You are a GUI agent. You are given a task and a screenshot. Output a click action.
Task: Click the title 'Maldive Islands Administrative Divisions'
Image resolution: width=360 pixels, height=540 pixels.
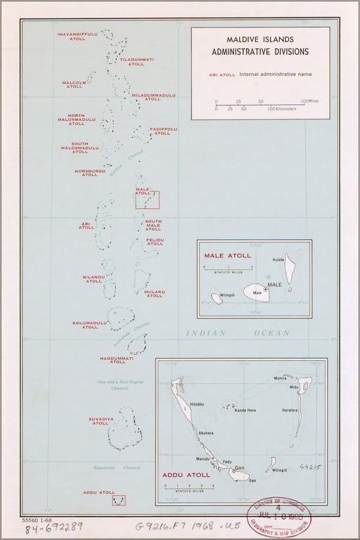(x=259, y=46)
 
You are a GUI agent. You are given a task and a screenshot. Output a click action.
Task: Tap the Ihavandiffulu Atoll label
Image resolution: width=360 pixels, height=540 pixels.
(x=77, y=36)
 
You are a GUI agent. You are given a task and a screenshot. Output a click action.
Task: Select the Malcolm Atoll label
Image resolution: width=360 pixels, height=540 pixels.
(x=74, y=84)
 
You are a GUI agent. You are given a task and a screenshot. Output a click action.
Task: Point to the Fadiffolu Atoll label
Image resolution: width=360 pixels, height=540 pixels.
(x=162, y=131)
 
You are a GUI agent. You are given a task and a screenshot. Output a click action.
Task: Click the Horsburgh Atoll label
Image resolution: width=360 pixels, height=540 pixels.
(x=90, y=172)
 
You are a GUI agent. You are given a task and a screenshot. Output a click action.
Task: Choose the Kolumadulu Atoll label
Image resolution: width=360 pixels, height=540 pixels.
(x=90, y=325)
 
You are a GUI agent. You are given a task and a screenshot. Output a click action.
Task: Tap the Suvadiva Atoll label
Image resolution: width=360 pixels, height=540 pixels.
(x=101, y=421)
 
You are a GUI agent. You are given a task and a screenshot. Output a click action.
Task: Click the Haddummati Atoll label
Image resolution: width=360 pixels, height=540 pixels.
(x=117, y=360)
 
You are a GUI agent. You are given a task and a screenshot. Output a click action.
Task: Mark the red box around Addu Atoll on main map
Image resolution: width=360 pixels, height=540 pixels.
(x=119, y=500)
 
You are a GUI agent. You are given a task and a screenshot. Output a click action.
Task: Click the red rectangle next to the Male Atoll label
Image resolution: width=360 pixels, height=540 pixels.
(x=148, y=200)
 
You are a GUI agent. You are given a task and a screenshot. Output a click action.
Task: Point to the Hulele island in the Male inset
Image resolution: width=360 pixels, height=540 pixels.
(x=289, y=268)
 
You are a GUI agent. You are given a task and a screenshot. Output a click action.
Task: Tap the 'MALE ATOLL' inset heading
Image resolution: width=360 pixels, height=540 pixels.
(x=224, y=256)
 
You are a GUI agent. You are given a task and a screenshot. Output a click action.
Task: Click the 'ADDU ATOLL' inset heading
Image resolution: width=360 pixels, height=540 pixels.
(x=186, y=475)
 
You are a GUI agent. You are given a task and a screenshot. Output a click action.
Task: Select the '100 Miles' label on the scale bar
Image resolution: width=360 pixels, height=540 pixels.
(x=309, y=101)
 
